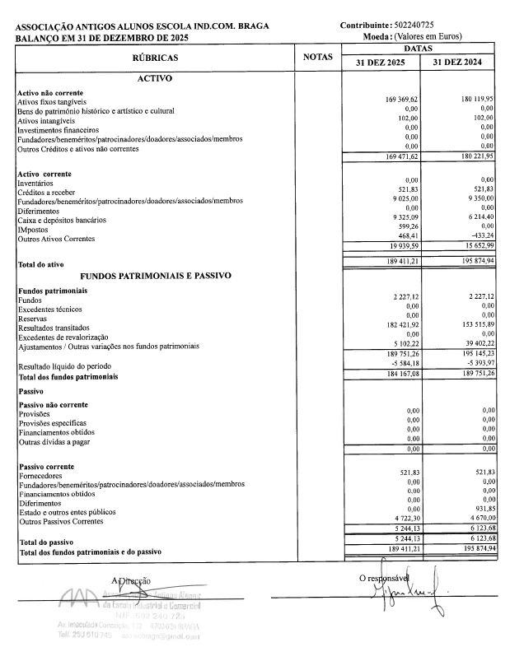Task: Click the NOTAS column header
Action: coord(318,58)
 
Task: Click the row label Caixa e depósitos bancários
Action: coord(62,220)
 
